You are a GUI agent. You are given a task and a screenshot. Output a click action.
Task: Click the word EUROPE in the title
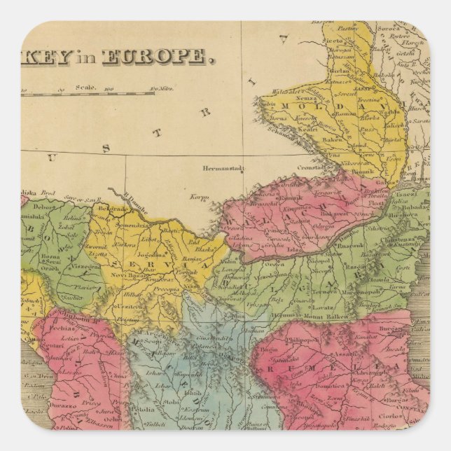tap(155, 57)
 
